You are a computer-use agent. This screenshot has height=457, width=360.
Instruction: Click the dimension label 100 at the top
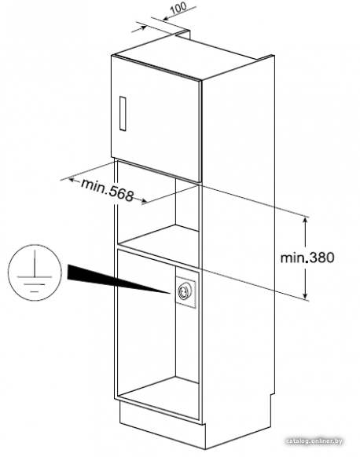178,8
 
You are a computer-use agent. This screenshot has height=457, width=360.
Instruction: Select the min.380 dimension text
307,258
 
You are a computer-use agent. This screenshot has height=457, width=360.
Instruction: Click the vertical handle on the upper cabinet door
123,113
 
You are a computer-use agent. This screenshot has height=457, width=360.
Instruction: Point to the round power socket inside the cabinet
185,291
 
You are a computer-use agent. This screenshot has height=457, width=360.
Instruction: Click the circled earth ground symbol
35,272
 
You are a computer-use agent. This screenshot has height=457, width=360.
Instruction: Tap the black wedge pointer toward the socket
116,278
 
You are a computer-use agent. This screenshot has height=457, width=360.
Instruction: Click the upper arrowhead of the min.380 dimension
306,219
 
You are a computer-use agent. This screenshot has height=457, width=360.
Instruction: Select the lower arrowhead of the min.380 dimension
306,295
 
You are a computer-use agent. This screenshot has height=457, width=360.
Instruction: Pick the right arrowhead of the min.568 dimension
144,201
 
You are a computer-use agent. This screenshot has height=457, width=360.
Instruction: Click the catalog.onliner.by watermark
314,441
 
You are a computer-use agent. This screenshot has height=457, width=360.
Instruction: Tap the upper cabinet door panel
156,119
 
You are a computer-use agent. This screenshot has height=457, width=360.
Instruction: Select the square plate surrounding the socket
186,291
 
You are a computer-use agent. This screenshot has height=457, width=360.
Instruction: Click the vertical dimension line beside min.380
306,258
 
